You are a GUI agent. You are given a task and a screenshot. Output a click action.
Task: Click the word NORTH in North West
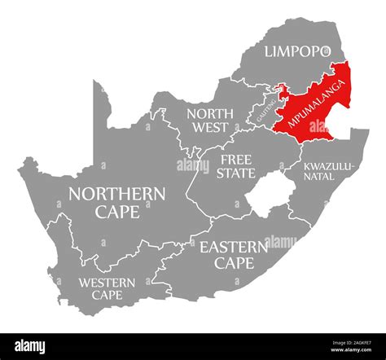point(208,113)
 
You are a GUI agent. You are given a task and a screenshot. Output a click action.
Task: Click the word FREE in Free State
point(236,160)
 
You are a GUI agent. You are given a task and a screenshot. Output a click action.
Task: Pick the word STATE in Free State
point(236,173)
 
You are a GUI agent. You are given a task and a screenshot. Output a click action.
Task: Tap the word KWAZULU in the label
point(328,166)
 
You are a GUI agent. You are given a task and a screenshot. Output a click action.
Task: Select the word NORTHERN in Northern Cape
point(117,194)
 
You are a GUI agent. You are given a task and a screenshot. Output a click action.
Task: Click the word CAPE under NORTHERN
point(116,212)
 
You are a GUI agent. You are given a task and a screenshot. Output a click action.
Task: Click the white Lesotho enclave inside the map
point(266,198)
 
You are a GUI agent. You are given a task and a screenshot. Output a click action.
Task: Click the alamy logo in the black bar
point(37,345)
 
